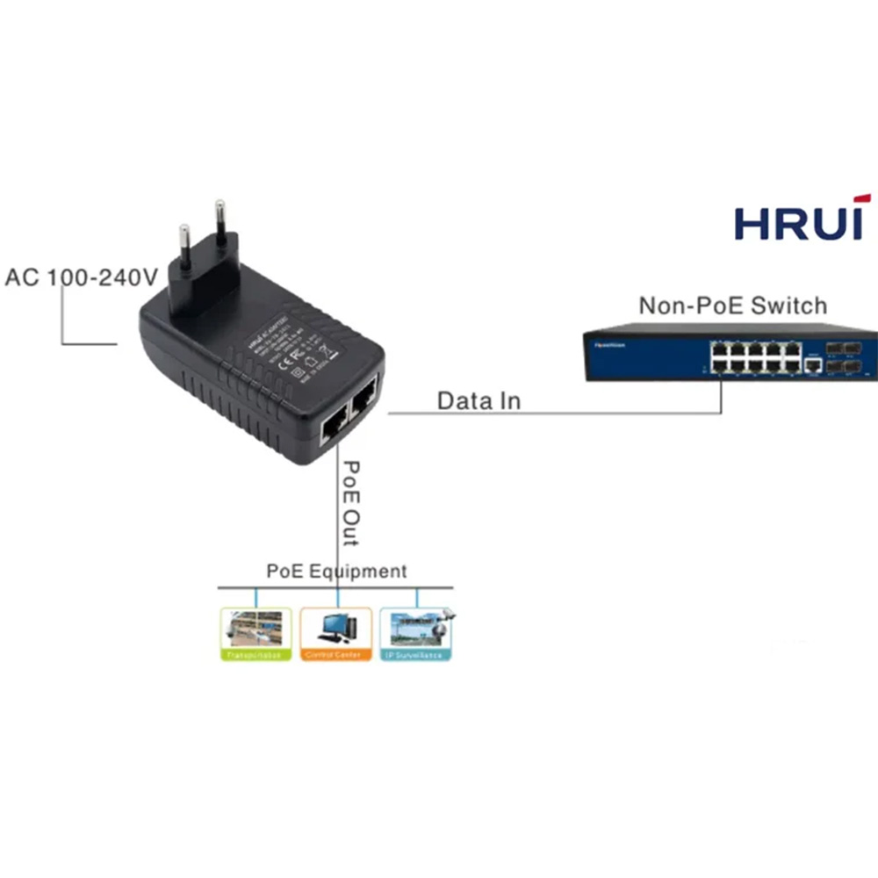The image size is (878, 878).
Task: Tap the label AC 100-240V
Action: tap(81, 277)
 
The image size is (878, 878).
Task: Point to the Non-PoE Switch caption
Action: tap(732, 306)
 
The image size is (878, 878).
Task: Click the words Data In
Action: tap(479, 401)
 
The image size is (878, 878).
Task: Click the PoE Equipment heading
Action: tap(336, 571)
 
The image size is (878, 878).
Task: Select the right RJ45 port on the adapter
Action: tap(366, 399)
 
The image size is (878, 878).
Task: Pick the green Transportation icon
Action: tap(256, 634)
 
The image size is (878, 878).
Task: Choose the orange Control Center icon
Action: tap(336, 634)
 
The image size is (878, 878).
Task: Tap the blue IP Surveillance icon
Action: tap(415, 634)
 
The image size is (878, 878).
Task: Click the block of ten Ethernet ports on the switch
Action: tap(754, 356)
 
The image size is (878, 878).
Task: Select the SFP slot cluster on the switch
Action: tap(849, 356)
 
